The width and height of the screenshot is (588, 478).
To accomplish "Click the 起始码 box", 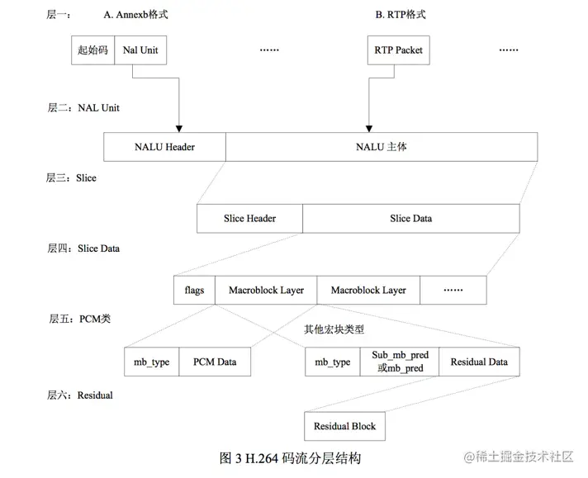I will point(92,50).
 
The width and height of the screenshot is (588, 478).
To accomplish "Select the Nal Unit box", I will point(140,50).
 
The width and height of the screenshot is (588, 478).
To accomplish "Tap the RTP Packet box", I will point(397,50).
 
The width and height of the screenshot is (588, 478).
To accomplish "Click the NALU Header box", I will point(164,148).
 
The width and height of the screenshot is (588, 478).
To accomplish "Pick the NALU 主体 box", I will point(381,148).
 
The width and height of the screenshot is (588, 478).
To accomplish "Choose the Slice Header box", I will point(249,219).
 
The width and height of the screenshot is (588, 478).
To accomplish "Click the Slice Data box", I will point(410,219).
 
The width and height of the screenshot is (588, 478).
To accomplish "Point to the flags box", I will point(194,291).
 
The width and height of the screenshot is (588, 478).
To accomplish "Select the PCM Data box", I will point(215,362).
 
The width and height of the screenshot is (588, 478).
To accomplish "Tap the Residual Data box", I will point(479,362).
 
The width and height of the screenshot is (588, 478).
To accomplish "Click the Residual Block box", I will point(344,426).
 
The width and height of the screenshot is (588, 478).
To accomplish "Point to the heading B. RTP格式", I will point(401,15).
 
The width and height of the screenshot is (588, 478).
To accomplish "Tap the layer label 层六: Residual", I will point(80,395).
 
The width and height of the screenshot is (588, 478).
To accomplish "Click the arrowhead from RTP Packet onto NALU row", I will point(366,129).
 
